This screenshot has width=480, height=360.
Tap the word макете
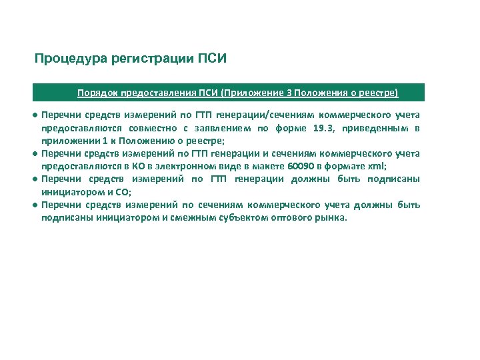248,166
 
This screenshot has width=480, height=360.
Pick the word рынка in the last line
331,217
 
